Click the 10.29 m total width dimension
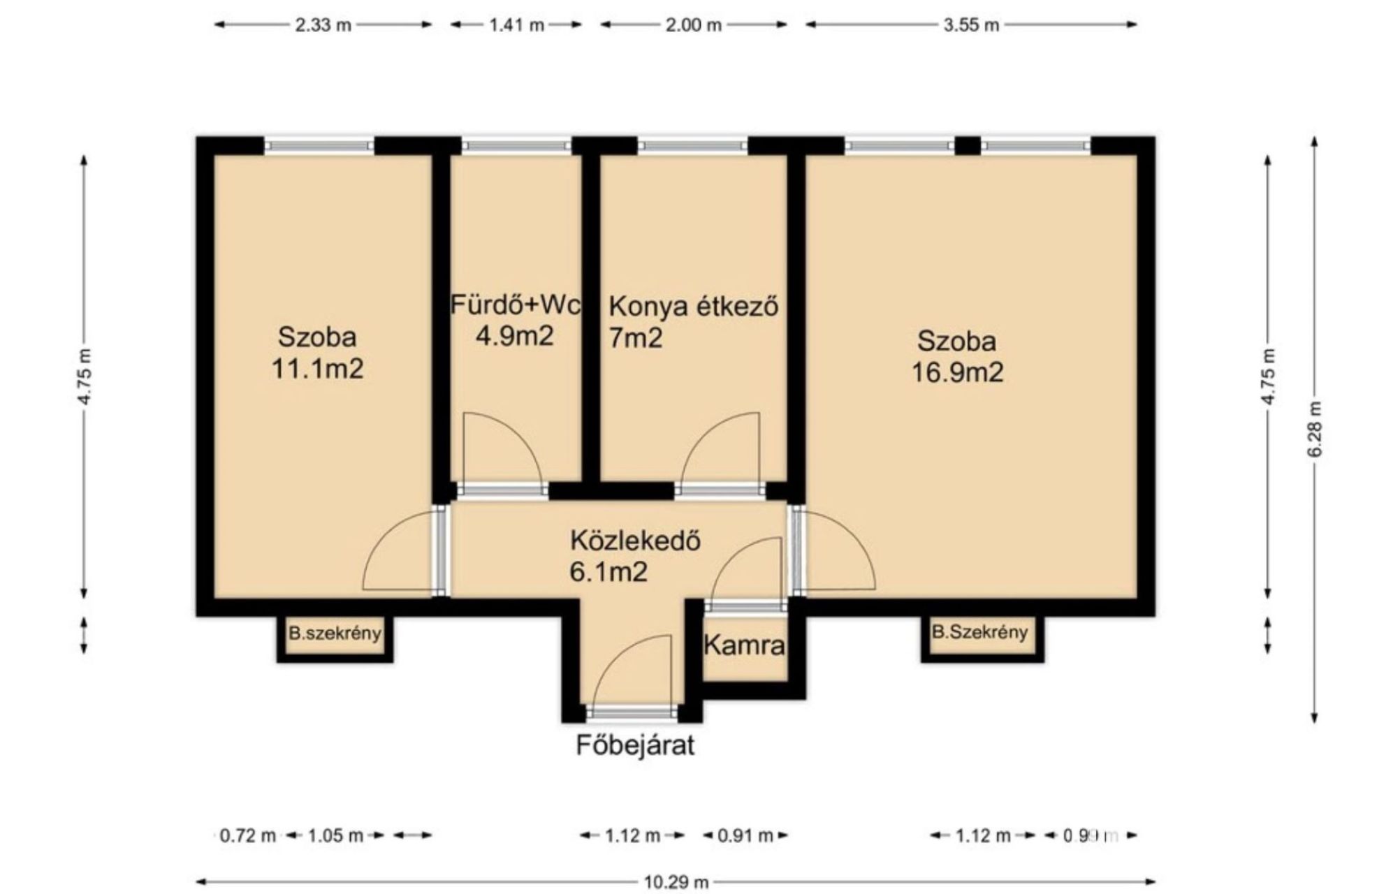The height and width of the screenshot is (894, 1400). tap(676, 882)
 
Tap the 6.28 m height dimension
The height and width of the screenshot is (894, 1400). tap(1314, 430)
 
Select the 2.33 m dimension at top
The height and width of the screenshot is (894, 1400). tap(323, 25)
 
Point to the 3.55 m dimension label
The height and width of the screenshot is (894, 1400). tap(971, 25)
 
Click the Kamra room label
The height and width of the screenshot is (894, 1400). tap(745, 645)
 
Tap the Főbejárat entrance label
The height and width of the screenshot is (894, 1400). tap(635, 745)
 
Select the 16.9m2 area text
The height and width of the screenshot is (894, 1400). tap(957, 372)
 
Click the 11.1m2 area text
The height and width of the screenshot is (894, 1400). tap(317, 369)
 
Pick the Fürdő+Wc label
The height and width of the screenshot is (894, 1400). tap(515, 305)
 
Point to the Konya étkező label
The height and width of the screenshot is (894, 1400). tap(694, 307)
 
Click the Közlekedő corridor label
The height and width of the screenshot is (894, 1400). tap(635, 541)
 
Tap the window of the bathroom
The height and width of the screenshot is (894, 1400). tap(517, 145)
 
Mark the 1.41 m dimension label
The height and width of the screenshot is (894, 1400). tap(516, 25)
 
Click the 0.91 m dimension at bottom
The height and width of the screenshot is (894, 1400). tap(745, 835)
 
